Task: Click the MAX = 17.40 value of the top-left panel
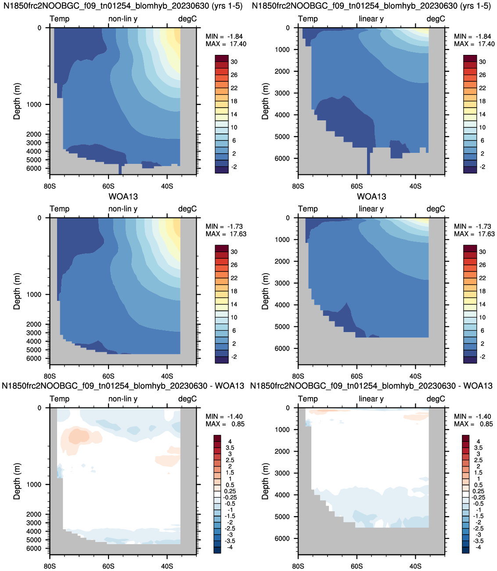click(226, 44)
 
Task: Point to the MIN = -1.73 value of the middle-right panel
click(474, 226)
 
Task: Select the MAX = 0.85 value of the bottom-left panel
click(225, 424)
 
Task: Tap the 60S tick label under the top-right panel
click(357, 186)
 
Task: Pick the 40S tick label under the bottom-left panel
click(167, 566)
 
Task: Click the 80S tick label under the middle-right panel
click(298, 376)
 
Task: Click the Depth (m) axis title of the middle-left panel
click(17, 291)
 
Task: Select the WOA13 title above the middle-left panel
click(123, 196)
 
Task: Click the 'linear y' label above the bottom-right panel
click(371, 399)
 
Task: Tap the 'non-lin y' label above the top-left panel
click(123, 19)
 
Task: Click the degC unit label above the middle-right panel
click(436, 209)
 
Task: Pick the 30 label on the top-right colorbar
click(483, 61)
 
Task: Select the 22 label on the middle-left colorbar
click(234, 278)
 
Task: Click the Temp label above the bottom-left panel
click(59, 399)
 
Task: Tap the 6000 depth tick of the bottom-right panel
click(282, 538)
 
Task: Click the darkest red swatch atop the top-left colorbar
click(222, 58)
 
